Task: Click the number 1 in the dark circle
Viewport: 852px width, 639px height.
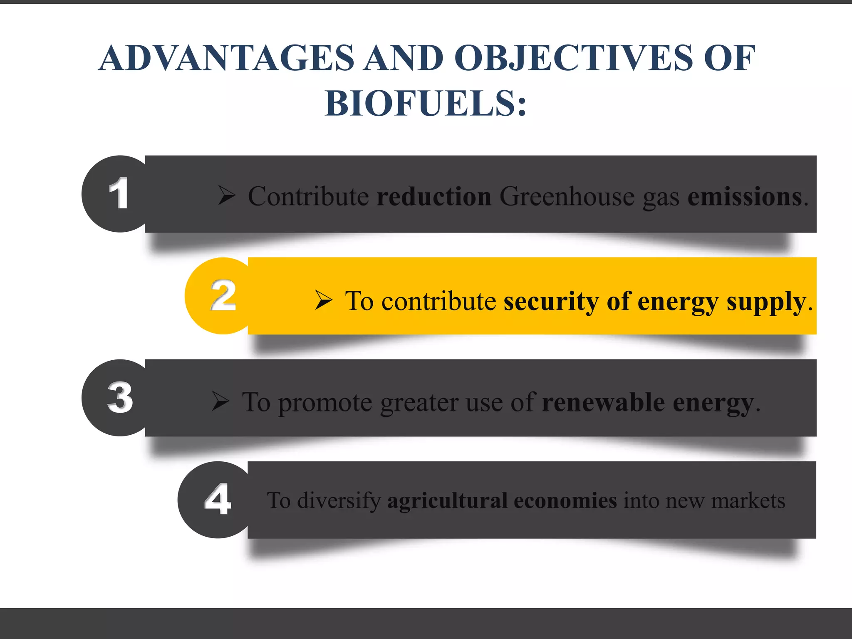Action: pyautogui.click(x=119, y=193)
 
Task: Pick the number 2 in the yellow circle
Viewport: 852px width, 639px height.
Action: pyautogui.click(x=223, y=296)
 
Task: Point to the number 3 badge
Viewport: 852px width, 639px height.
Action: pyautogui.click(x=120, y=398)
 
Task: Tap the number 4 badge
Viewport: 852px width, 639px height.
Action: pyautogui.click(x=218, y=500)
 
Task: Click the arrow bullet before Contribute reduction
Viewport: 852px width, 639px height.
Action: pyautogui.click(x=227, y=196)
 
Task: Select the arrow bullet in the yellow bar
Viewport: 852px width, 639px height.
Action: pyautogui.click(x=323, y=300)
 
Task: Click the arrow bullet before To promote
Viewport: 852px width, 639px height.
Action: pyautogui.click(x=220, y=402)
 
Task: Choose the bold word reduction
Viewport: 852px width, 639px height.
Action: pyautogui.click(x=434, y=196)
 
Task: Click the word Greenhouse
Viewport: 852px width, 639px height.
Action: pyautogui.click(x=567, y=196)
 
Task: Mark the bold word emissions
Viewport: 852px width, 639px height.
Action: pyautogui.click(x=744, y=196)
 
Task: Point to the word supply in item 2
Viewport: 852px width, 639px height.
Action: pyautogui.click(x=766, y=302)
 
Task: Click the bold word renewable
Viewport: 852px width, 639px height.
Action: pyautogui.click(x=603, y=403)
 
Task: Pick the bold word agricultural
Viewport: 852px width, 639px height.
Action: pyautogui.click(x=447, y=500)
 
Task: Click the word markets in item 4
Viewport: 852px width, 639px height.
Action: pyautogui.click(x=748, y=500)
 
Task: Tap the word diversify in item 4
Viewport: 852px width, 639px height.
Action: pyautogui.click(x=339, y=501)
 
